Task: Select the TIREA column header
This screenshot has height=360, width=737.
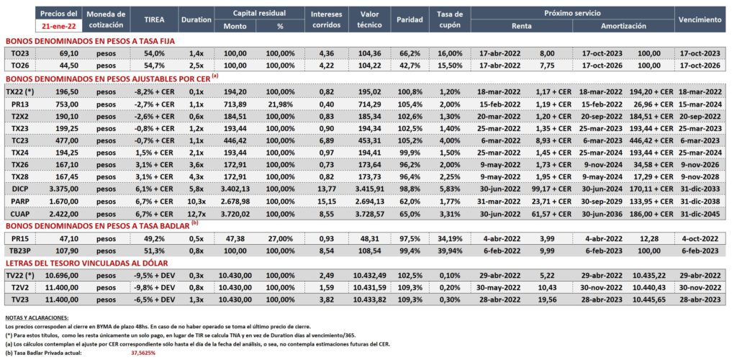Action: (x=154, y=19)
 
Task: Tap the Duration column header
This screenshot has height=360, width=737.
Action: (x=196, y=19)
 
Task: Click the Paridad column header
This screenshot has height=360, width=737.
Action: (x=410, y=19)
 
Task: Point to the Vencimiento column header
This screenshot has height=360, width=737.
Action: (x=700, y=19)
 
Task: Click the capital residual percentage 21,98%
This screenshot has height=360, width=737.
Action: (x=280, y=104)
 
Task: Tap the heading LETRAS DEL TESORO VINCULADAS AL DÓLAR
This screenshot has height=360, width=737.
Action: (x=86, y=264)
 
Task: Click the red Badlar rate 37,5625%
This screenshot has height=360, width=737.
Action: (x=143, y=353)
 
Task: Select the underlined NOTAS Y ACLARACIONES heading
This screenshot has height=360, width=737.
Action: (x=37, y=318)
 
